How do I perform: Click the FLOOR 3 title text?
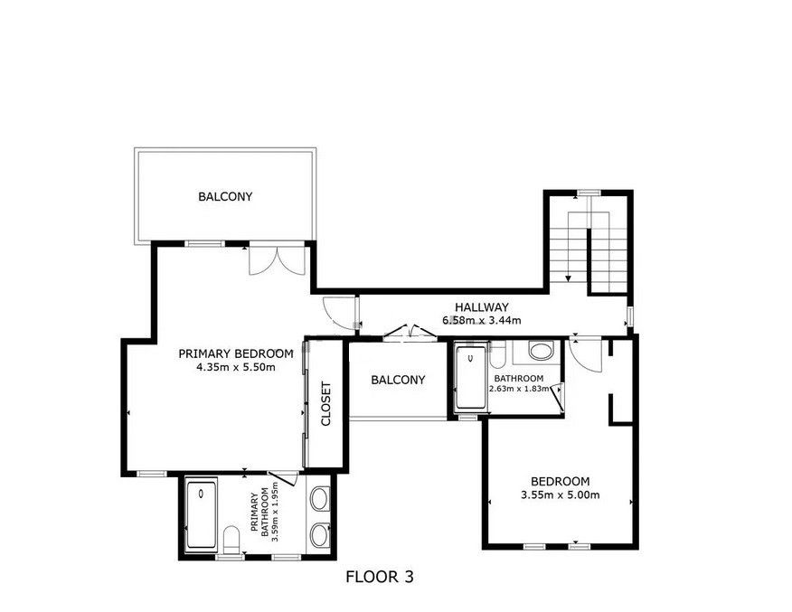[x=380, y=577]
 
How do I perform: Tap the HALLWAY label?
[x=481, y=307]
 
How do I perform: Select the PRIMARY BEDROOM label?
[x=236, y=353]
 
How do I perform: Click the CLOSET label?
[x=325, y=404]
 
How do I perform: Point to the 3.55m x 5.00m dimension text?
[x=561, y=494]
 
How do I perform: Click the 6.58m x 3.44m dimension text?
[x=481, y=320]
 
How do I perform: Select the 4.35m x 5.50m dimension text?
[x=236, y=367]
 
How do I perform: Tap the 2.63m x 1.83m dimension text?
[x=519, y=389]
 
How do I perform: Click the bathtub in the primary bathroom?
[x=202, y=515]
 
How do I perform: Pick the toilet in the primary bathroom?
[x=231, y=539]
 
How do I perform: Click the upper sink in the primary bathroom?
[x=319, y=498]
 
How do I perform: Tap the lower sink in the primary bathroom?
[x=319, y=535]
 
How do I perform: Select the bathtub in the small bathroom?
[x=471, y=377]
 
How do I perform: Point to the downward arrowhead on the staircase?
[x=569, y=278]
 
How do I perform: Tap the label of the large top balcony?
[x=225, y=196]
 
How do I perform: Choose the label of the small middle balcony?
[x=398, y=380]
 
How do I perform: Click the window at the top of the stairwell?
[x=589, y=193]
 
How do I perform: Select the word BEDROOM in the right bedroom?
[x=561, y=481]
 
